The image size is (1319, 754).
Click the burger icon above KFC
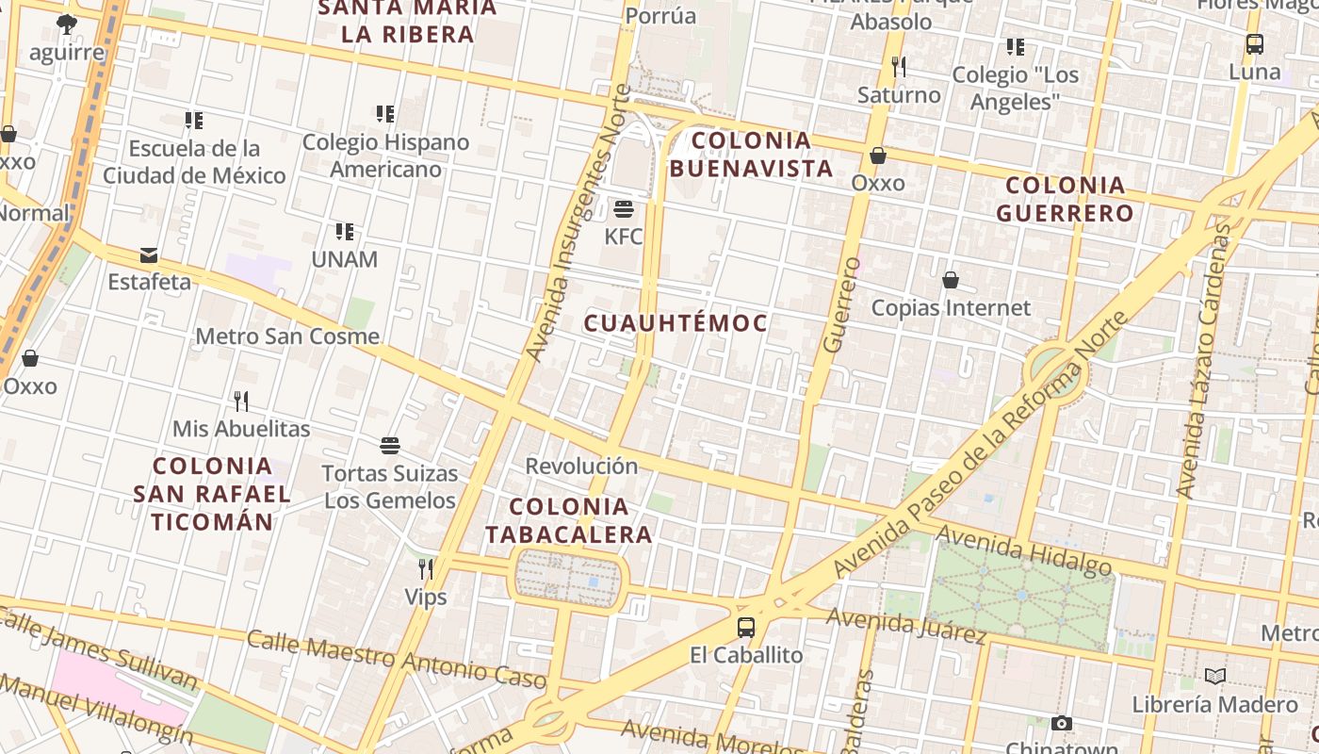click(623, 208)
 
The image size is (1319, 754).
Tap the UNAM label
click(344, 259)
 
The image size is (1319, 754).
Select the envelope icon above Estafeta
click(148, 255)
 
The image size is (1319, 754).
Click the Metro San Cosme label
click(287, 336)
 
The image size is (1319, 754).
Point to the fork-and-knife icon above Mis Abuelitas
click(241, 402)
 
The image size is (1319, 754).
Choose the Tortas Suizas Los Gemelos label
click(390, 486)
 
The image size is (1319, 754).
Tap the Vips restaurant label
click(425, 597)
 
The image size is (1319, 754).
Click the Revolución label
click(581, 466)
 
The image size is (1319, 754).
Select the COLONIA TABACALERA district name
click(568, 521)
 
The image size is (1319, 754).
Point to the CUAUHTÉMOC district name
click(676, 323)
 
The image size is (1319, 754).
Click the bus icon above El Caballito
click(746, 627)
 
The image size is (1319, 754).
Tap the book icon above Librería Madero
click(1215, 676)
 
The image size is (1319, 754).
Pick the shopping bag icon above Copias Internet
click(951, 280)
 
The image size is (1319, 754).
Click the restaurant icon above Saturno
click(899, 67)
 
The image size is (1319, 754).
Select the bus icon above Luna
click(1255, 43)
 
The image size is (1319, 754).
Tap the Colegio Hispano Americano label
click(385, 156)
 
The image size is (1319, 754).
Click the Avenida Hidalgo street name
click(1023, 550)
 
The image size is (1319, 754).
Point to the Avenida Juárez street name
click(905, 625)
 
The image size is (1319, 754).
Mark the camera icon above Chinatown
click(1062, 724)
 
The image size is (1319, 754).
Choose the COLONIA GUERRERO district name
click(1065, 199)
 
